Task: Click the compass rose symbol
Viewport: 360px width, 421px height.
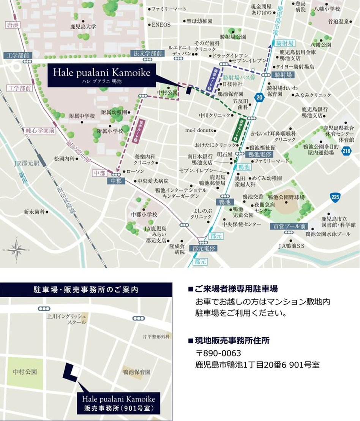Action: [x=17, y=250]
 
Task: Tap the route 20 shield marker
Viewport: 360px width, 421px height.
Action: [x=259, y=97]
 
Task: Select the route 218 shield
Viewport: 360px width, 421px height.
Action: [x=346, y=151]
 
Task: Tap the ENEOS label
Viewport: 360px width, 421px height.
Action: [x=161, y=25]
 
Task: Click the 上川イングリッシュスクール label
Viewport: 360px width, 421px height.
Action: [x=66, y=319]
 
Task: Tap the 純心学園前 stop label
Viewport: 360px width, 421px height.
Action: [x=39, y=130]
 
